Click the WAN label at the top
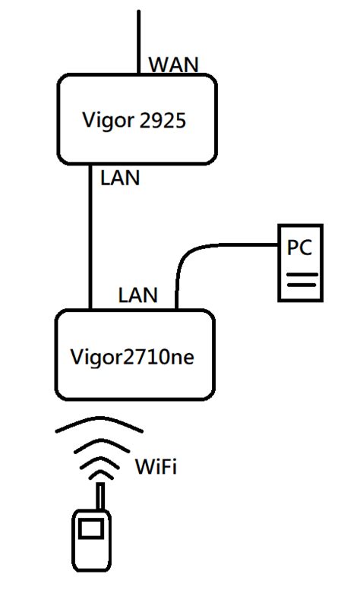pyautogui.click(x=173, y=65)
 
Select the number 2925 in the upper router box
pyautogui.click(x=163, y=119)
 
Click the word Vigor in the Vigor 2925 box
pyautogui.click(x=106, y=119)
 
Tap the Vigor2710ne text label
pyautogui.click(x=131, y=356)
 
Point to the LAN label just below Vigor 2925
pyautogui.click(x=120, y=178)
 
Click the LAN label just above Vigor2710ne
pyautogui.click(x=137, y=295)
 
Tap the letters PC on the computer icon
pyautogui.click(x=299, y=248)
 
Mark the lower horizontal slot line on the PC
pyautogui.click(x=300, y=286)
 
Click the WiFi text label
pyautogui.click(x=155, y=466)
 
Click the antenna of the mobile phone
pyautogui.click(x=99, y=497)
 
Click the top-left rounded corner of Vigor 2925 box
pyautogui.click(x=65, y=80)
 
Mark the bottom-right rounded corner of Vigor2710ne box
pyautogui.click(x=209, y=393)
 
